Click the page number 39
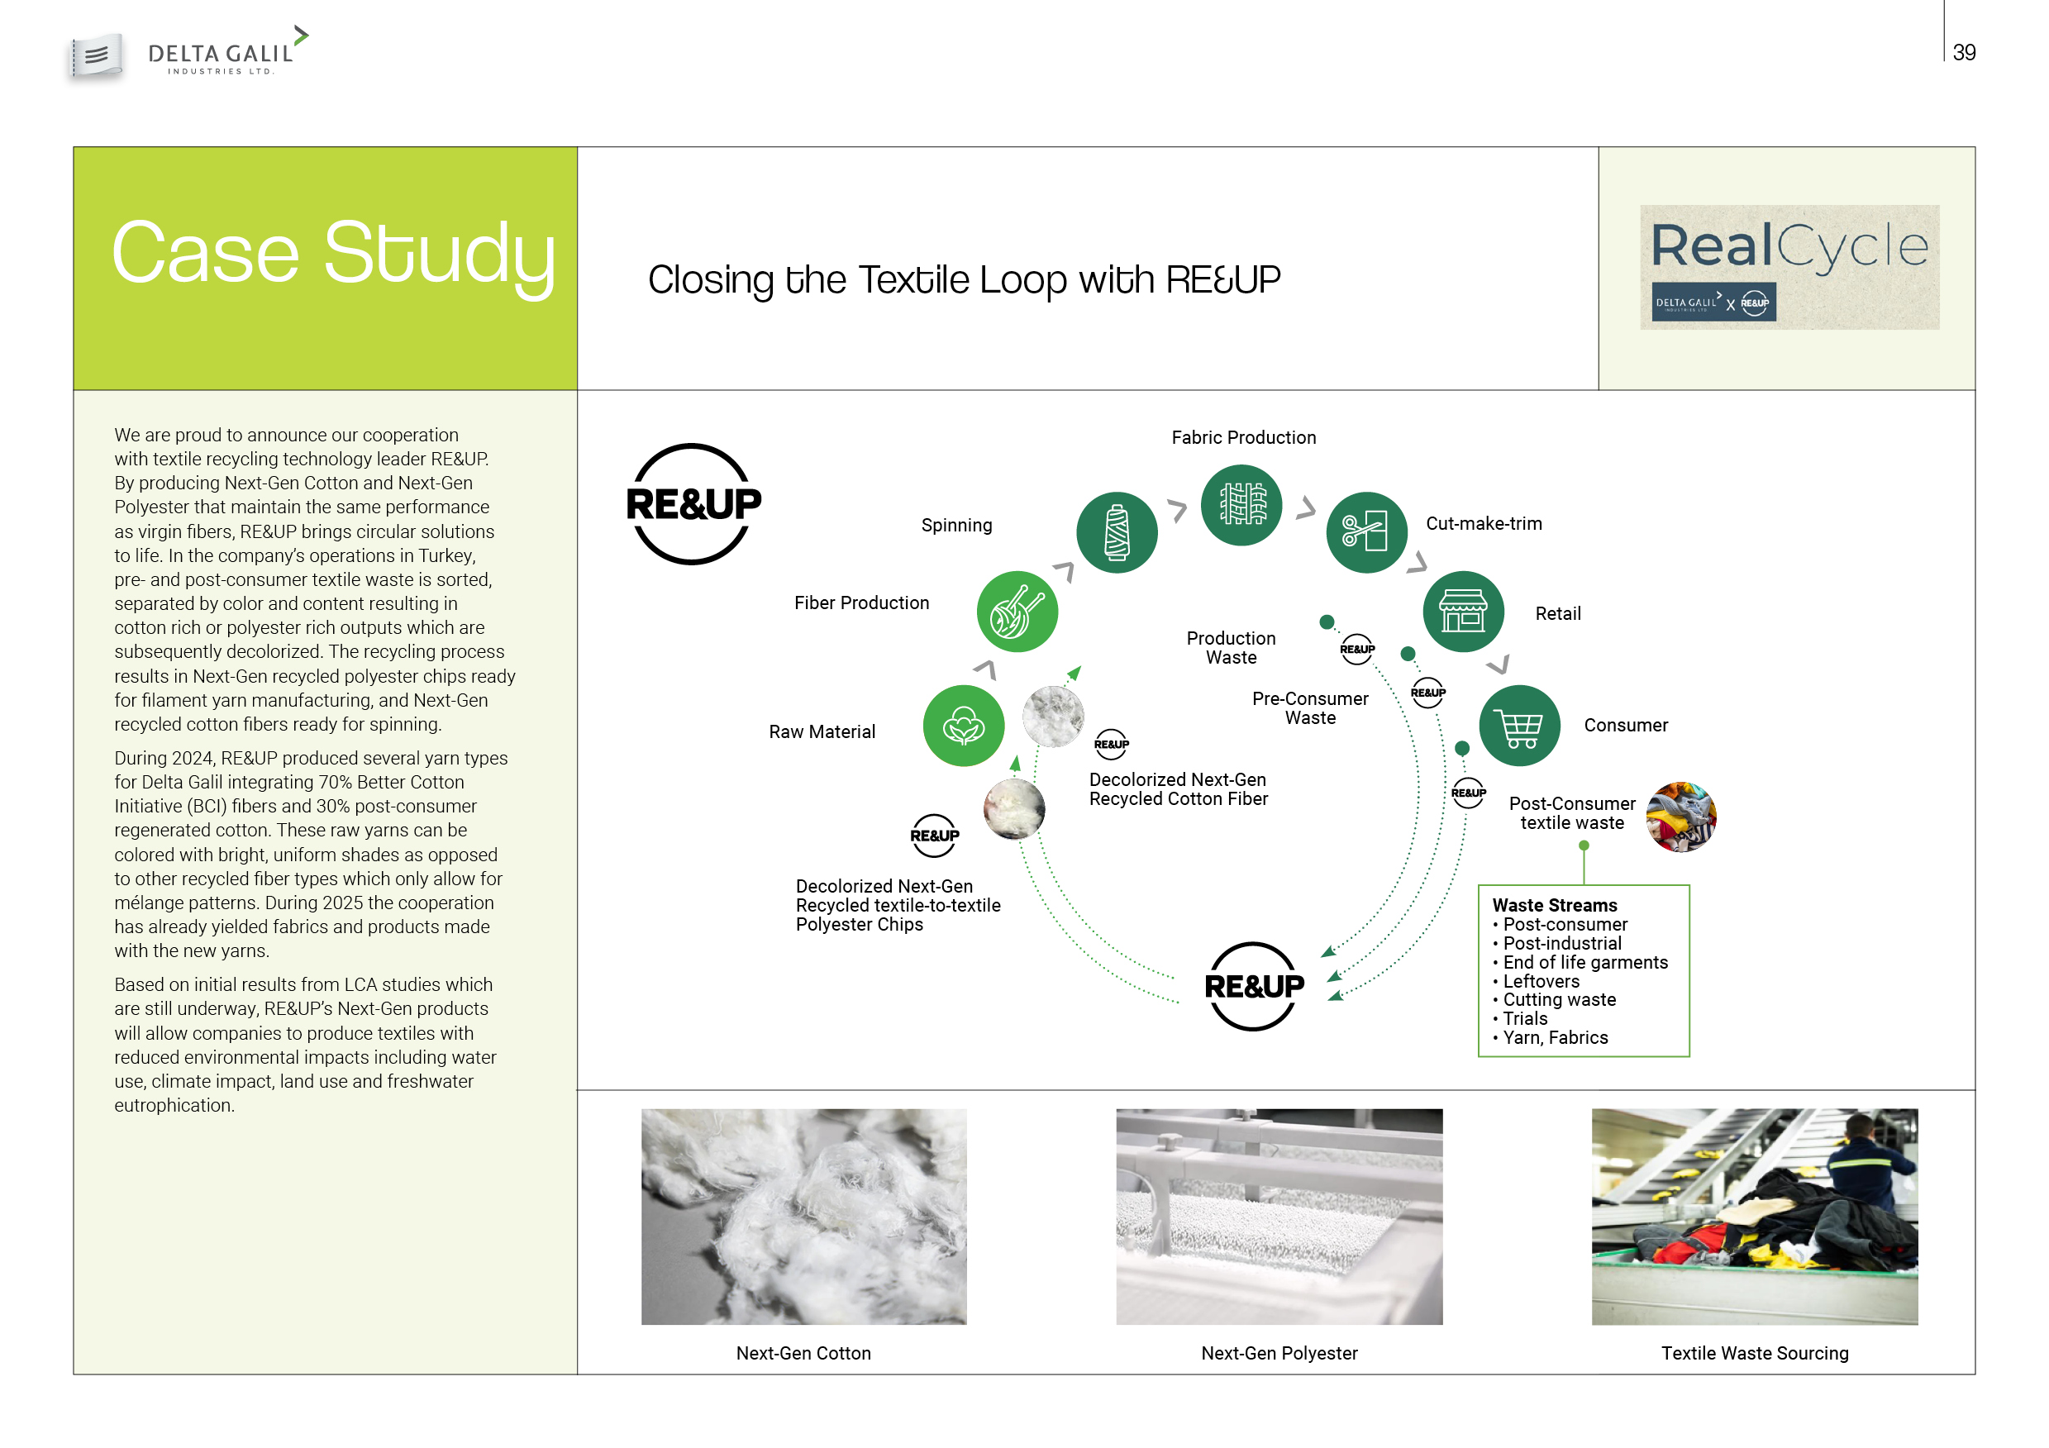(1963, 53)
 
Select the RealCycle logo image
(1789, 267)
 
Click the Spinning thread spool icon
(1117, 532)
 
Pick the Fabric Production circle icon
(1241, 505)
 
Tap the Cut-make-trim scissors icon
(1366, 532)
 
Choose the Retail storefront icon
(1463, 612)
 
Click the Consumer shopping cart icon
(1520, 726)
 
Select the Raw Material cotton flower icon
(964, 726)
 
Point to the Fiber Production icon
(1017, 612)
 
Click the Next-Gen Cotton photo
(803, 1216)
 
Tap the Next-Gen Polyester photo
(1279, 1216)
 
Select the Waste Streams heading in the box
(1555, 906)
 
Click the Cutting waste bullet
(1555, 1000)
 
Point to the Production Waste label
(1231, 648)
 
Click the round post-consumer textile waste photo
(1680, 817)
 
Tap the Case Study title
(334, 255)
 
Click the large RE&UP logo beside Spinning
(693, 504)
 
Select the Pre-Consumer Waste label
(1310, 708)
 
